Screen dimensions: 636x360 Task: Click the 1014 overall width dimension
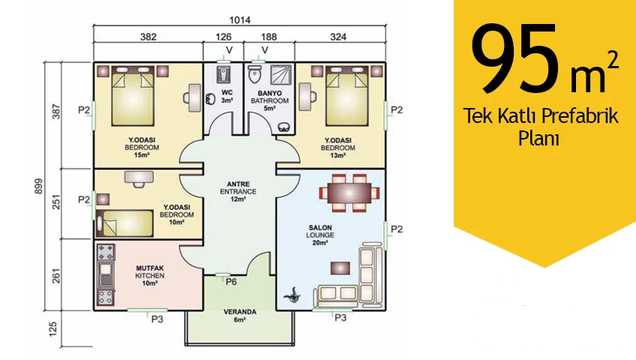point(240,19)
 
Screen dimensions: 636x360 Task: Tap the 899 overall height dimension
point(38,186)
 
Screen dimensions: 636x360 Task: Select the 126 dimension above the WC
point(223,37)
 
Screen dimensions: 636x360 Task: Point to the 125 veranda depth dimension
point(52,329)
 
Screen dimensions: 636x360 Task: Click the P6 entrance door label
point(231,282)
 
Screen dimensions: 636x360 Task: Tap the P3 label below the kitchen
point(157,319)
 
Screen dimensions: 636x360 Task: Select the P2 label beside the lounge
point(396,229)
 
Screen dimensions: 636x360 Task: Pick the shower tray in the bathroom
point(280,74)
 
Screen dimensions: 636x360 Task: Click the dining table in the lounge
point(349,193)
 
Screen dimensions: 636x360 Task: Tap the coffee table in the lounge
point(340,268)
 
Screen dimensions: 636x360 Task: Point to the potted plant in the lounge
point(292,295)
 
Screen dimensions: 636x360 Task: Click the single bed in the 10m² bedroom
point(124,223)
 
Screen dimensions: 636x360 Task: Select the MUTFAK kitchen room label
point(150,268)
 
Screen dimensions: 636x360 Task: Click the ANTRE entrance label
point(238,184)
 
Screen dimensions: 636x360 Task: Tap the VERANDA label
point(240,312)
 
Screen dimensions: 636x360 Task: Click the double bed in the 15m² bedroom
point(133,96)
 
